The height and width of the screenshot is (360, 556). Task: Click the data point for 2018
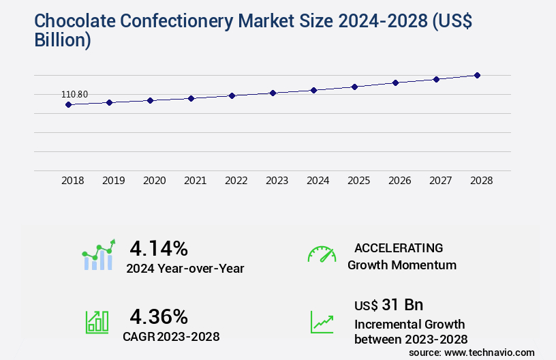coord(68,104)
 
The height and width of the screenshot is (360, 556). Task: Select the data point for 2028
coord(477,75)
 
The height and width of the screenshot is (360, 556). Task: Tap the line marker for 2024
coord(313,90)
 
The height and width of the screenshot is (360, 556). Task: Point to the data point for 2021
coord(191,98)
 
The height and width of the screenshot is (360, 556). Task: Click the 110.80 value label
coord(75,94)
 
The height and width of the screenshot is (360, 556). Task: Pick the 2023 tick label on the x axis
coord(277,181)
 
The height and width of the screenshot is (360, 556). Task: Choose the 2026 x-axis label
coord(399,181)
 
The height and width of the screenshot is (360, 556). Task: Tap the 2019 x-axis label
coord(113,181)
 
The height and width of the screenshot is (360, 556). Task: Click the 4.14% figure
coord(159,247)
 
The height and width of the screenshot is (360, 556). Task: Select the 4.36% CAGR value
coord(159,316)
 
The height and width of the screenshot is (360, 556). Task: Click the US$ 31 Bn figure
coord(388,304)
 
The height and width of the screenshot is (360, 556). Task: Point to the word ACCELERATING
coord(399,247)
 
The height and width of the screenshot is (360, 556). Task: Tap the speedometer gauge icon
coord(322,254)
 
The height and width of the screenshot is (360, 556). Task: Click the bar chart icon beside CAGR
coord(97,321)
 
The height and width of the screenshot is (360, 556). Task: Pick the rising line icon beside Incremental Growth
coord(322,321)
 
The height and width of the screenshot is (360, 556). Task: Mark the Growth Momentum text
coord(402,265)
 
